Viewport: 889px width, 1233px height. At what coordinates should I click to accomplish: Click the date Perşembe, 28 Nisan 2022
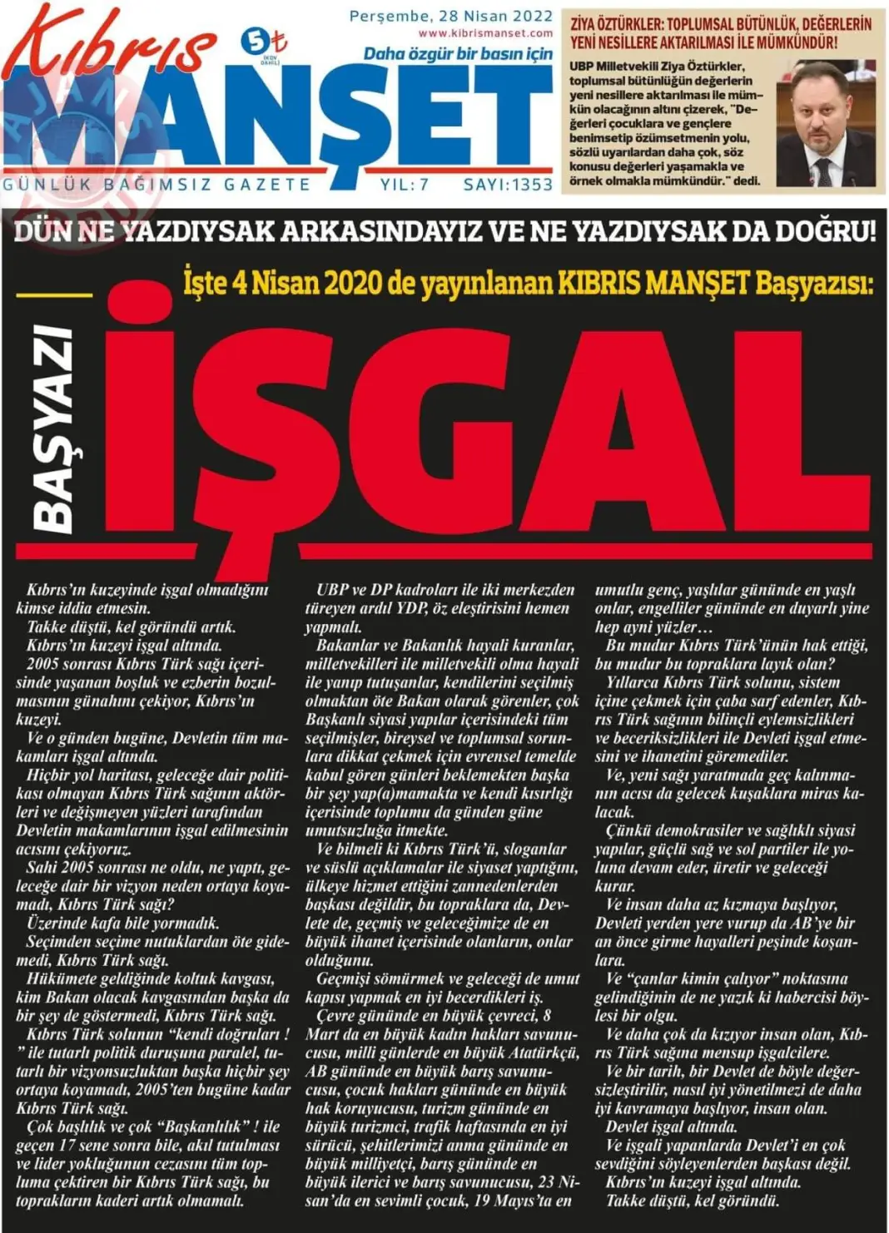pos(450,16)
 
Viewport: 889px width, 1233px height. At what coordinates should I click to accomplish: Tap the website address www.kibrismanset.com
pos(485,33)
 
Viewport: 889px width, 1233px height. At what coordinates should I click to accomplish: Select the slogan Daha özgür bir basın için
pos(458,54)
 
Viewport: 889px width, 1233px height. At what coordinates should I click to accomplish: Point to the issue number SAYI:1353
pos(508,185)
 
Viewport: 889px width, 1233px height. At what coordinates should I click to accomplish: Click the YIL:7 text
pos(405,185)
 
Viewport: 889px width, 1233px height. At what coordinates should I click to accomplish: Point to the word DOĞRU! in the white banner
pos(825,231)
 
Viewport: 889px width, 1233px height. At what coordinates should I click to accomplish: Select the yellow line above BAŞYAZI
pos(54,295)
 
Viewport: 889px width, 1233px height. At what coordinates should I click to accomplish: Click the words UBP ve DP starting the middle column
pos(355,590)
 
